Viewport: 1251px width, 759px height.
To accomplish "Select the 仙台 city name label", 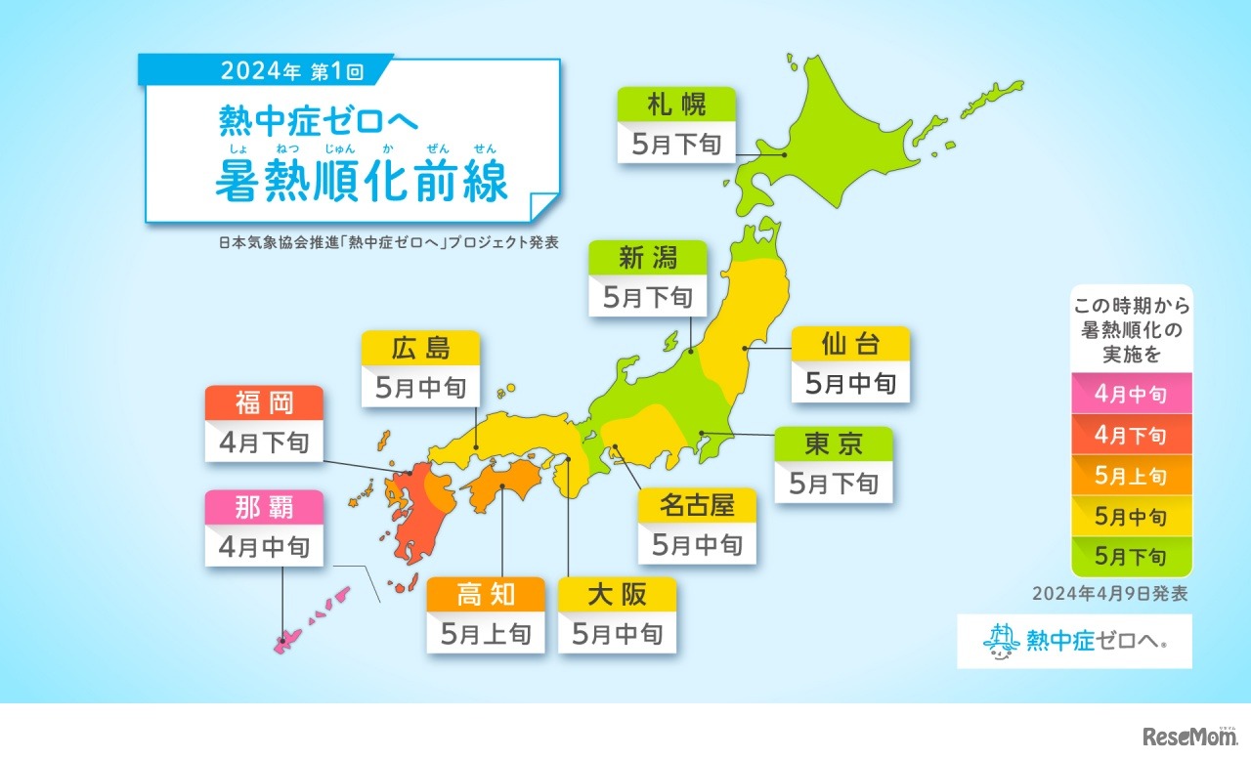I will [850, 344].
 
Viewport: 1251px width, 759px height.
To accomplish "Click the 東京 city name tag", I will [834, 443].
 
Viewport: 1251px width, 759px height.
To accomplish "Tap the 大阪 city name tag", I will [617, 594].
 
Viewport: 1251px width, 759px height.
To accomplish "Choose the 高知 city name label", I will [485, 594].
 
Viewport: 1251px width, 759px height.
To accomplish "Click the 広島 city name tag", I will [420, 348].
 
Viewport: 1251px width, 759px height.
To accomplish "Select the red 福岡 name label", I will [264, 402].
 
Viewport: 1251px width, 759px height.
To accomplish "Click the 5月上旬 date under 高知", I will [485, 634].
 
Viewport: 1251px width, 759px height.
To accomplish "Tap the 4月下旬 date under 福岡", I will [264, 443].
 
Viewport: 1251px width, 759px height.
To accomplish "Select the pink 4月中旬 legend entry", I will [1131, 395].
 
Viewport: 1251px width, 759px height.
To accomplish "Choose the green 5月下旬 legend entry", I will [1131, 557].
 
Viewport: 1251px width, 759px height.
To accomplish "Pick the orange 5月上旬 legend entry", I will [1131, 477].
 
